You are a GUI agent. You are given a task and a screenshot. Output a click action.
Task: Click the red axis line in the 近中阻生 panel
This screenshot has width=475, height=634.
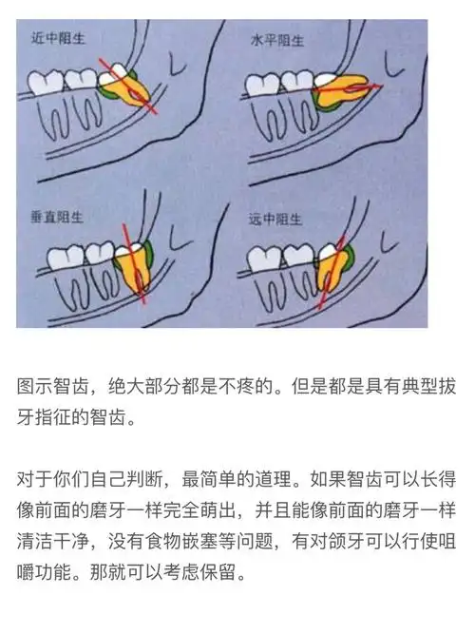[142, 99]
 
